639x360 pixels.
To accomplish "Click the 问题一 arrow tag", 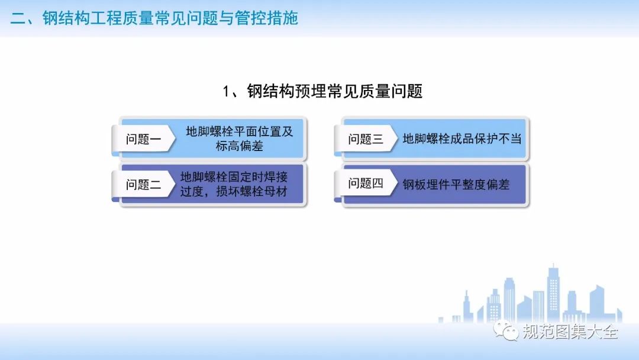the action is [143, 139].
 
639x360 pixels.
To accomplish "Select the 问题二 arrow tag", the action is [143, 185].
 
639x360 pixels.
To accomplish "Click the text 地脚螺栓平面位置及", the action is [240, 131].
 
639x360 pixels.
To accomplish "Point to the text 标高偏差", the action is [240, 146].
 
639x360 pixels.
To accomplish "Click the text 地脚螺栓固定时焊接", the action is [234, 177].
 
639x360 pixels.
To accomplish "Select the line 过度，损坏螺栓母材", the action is [234, 191].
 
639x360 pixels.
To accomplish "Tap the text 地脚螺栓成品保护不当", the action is [462, 139].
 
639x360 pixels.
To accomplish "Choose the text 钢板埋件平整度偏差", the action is [456, 185].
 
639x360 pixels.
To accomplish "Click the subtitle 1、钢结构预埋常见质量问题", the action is [322, 91].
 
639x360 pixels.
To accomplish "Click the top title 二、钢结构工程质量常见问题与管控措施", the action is [154, 18].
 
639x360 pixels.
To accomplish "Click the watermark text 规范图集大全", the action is [570, 332].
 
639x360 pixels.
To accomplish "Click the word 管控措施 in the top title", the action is [266, 18].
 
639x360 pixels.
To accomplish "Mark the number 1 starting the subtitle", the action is [226, 92].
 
